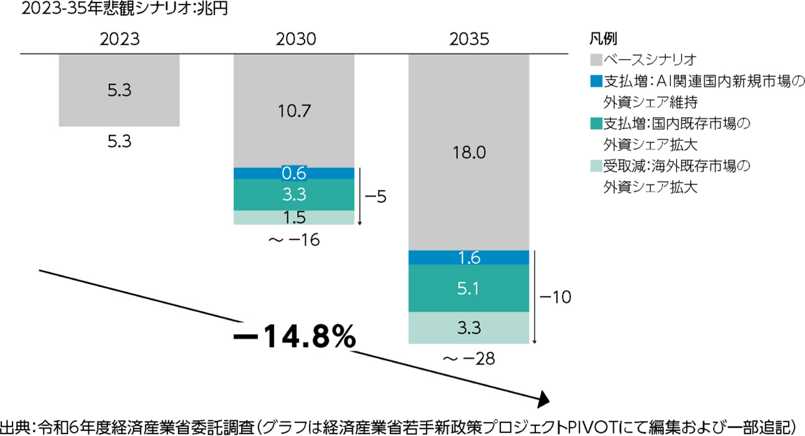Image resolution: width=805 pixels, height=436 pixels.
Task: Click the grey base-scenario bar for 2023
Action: [119, 91]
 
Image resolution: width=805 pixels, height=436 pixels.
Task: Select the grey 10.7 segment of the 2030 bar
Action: [294, 111]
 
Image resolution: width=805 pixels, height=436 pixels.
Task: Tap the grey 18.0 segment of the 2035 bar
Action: [469, 153]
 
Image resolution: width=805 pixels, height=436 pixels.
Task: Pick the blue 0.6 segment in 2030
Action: [294, 173]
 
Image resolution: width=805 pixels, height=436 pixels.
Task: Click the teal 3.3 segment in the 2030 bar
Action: [294, 194]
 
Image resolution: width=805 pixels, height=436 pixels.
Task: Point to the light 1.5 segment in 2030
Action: [294, 217]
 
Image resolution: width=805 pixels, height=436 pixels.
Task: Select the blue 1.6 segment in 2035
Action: [469, 258]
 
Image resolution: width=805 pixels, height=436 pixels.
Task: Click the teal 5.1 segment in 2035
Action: [469, 288]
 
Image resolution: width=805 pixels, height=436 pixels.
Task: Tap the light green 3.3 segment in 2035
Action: [469, 327]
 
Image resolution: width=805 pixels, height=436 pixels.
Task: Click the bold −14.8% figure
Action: [294, 338]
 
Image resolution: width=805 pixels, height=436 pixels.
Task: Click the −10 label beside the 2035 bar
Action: [555, 297]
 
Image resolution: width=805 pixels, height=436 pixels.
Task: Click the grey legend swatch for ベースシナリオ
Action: [594, 60]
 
